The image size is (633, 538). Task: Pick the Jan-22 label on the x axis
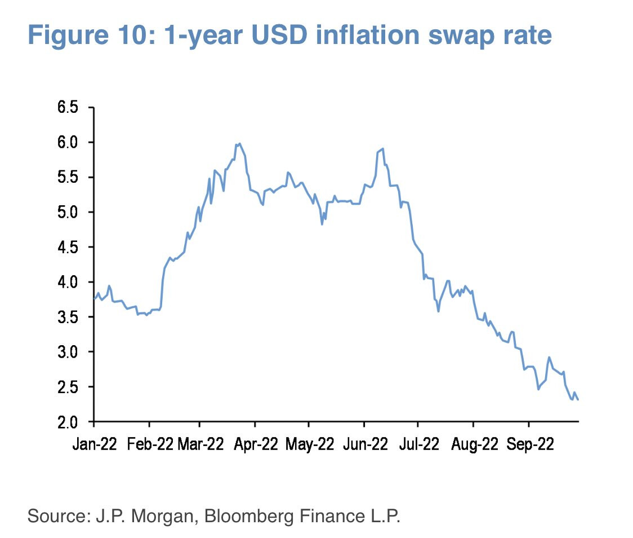point(94,444)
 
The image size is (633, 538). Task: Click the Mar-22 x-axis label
point(200,444)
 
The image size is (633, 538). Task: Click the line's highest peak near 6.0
point(240,144)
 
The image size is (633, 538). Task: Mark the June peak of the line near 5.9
point(383,149)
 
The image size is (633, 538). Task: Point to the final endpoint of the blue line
point(578,399)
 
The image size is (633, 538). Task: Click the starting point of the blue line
point(94,297)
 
